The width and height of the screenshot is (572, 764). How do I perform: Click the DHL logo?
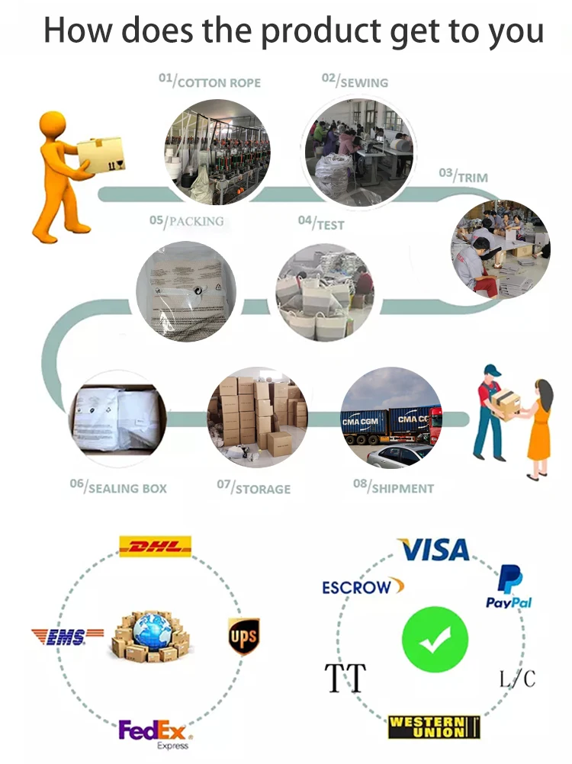click(x=156, y=546)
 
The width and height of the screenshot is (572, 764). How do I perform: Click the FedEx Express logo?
click(x=156, y=734)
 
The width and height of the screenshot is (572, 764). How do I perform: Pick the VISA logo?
click(x=434, y=550)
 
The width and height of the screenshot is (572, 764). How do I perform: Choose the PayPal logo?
click(x=509, y=588)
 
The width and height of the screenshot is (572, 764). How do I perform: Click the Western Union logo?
click(x=434, y=727)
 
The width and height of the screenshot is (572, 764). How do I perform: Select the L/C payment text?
click(x=518, y=678)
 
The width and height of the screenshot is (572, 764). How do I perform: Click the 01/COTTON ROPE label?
click(x=209, y=81)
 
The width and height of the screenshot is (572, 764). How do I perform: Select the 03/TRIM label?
click(x=463, y=176)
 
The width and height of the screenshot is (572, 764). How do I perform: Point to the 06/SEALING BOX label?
click(x=118, y=486)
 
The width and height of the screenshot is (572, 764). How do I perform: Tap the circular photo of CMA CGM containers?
click(x=391, y=419)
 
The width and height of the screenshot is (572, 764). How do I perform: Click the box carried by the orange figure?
click(x=101, y=155)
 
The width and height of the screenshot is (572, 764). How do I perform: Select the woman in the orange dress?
click(x=539, y=427)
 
